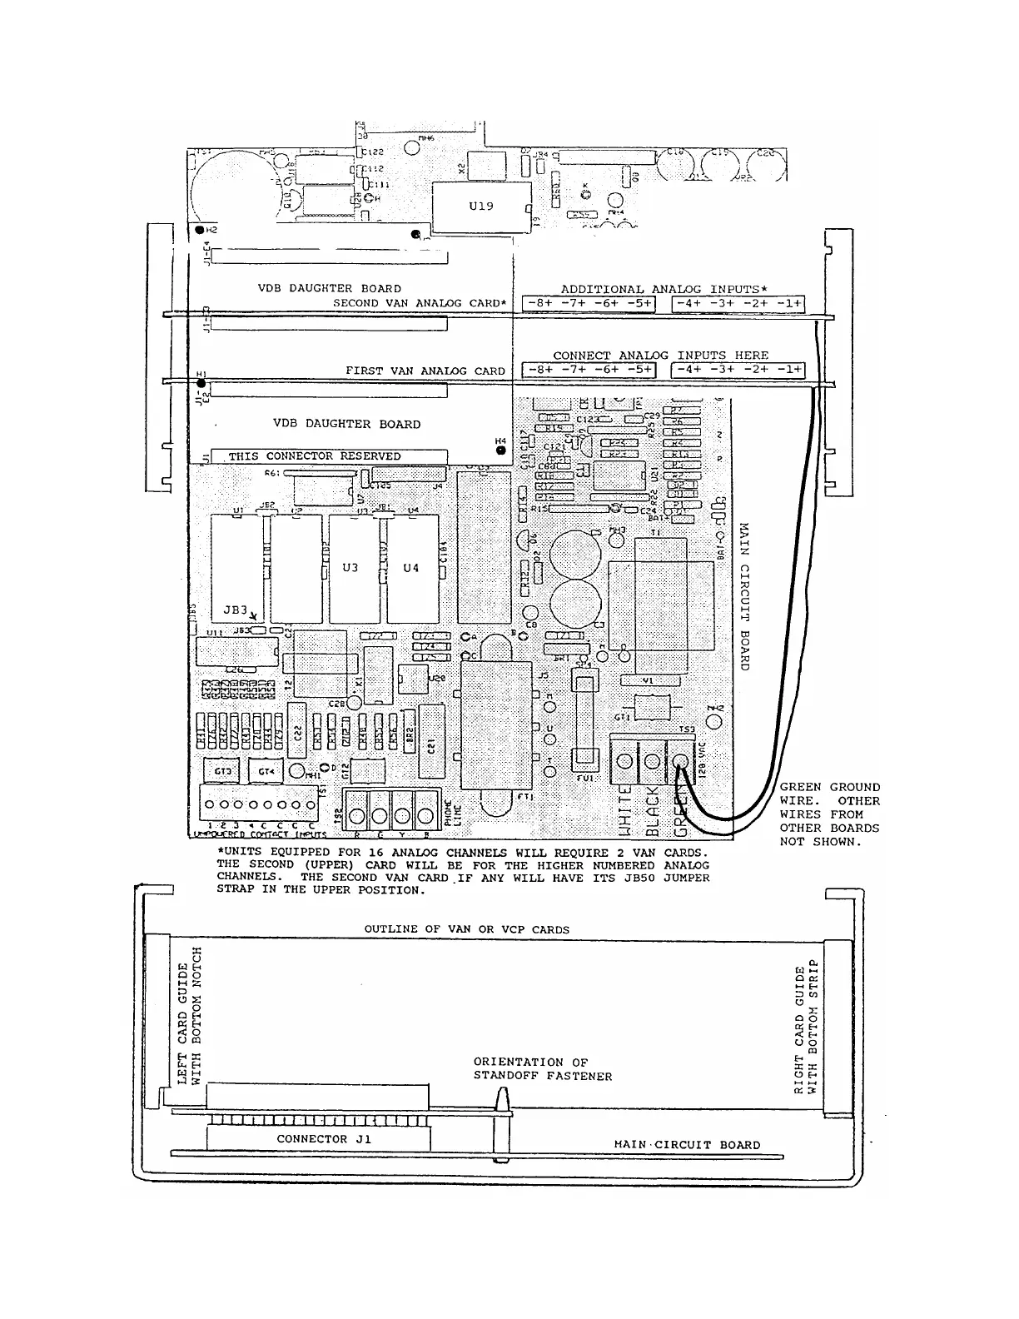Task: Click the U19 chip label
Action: click(x=480, y=206)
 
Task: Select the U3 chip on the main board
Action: click(x=350, y=567)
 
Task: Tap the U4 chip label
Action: click(x=411, y=567)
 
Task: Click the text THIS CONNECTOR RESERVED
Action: click(x=314, y=456)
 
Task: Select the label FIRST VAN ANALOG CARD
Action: click(x=425, y=371)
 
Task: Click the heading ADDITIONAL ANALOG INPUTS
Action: click(x=664, y=289)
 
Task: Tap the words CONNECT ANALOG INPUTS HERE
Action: click(x=660, y=356)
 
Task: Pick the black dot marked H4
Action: click(x=500, y=450)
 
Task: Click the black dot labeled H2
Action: click(x=198, y=230)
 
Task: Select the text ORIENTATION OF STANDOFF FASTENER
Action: click(x=542, y=1069)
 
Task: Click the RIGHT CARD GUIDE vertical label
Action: click(x=807, y=1029)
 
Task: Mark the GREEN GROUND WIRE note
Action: click(x=829, y=814)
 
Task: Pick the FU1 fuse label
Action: click(x=584, y=779)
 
